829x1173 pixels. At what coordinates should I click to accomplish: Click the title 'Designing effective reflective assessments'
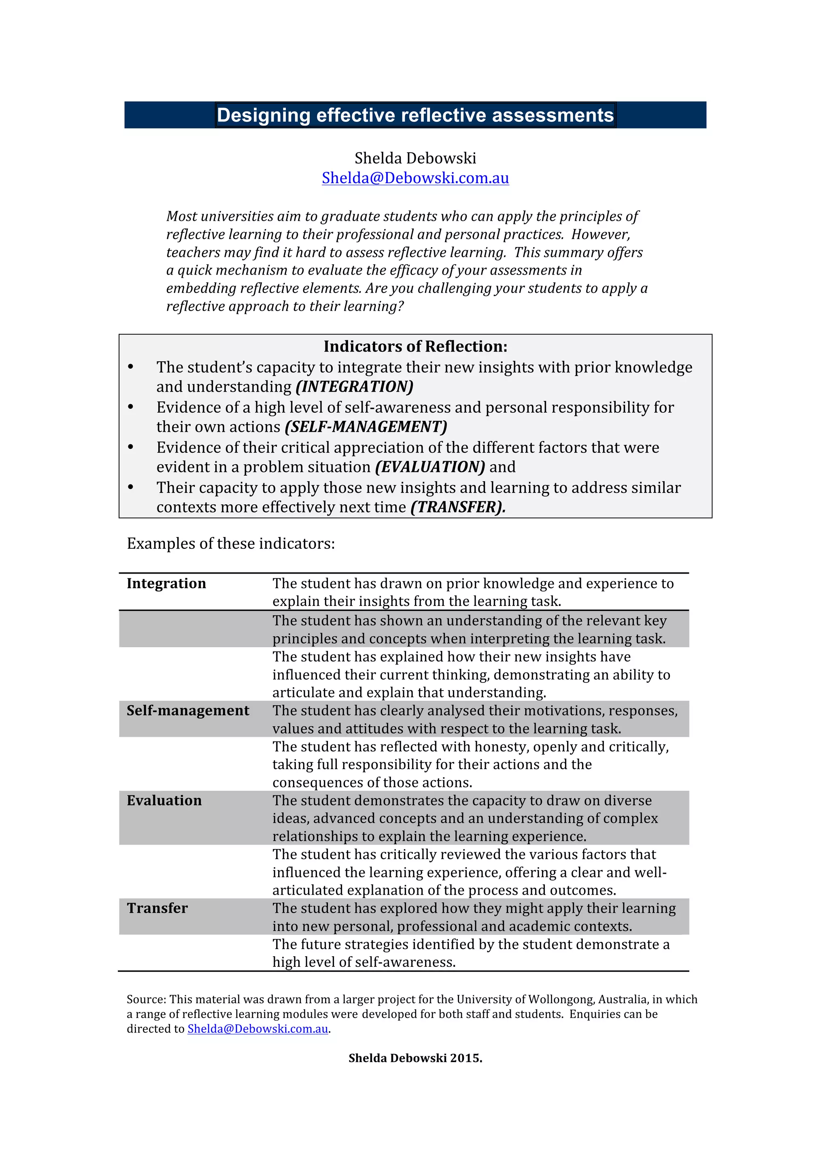[x=415, y=115]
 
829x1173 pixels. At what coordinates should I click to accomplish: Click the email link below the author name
[x=415, y=178]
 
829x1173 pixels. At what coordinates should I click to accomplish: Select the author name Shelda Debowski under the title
[x=415, y=158]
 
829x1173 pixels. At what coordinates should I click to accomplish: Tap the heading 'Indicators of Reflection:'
[x=415, y=346]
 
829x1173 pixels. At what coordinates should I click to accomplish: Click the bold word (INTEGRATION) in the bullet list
[x=354, y=387]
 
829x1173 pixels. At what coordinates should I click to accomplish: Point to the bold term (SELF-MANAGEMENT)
[x=366, y=427]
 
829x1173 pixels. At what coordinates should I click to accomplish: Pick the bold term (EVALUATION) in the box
[x=430, y=467]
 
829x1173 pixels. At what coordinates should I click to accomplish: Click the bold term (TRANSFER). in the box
[x=458, y=507]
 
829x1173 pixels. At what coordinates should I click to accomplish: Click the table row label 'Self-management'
[x=188, y=711]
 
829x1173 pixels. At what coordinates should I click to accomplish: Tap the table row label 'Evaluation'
[x=164, y=800]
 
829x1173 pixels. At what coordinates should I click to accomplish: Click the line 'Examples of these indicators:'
[x=231, y=544]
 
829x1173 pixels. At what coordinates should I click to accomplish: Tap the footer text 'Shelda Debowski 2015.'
[x=415, y=1058]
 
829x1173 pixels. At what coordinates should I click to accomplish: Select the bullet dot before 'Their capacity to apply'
[x=131, y=487]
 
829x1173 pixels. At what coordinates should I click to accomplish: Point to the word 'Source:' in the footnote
[x=147, y=1000]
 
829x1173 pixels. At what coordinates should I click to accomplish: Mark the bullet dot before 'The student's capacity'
[x=131, y=367]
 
